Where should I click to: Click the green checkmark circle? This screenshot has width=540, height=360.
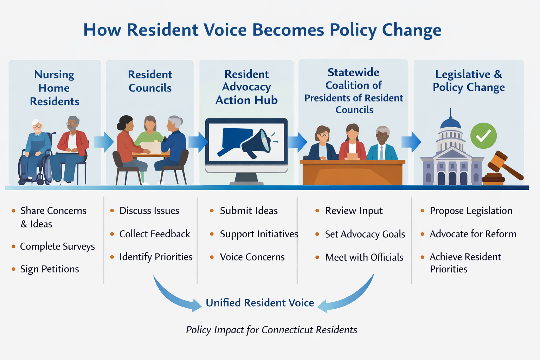click(x=483, y=136)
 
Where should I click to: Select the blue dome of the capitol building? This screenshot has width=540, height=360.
click(x=450, y=123)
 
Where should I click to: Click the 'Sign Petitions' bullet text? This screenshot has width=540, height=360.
click(x=50, y=269)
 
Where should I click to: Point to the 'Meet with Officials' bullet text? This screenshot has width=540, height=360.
click(x=364, y=257)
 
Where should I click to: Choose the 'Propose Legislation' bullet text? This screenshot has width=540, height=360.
click(x=471, y=211)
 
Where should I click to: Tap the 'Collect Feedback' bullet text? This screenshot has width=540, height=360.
click(x=155, y=234)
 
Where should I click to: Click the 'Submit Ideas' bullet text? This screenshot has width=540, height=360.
click(x=249, y=211)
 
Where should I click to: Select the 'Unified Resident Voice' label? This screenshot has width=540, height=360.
click(x=260, y=303)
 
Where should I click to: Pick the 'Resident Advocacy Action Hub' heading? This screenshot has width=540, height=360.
click(x=246, y=87)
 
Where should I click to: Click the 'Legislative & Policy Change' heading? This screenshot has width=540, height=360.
click(x=469, y=81)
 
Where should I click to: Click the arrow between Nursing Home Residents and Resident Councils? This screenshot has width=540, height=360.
click(x=104, y=142)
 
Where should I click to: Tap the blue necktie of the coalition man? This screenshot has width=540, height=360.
click(x=381, y=153)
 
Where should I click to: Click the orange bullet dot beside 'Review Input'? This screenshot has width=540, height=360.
click(x=317, y=211)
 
